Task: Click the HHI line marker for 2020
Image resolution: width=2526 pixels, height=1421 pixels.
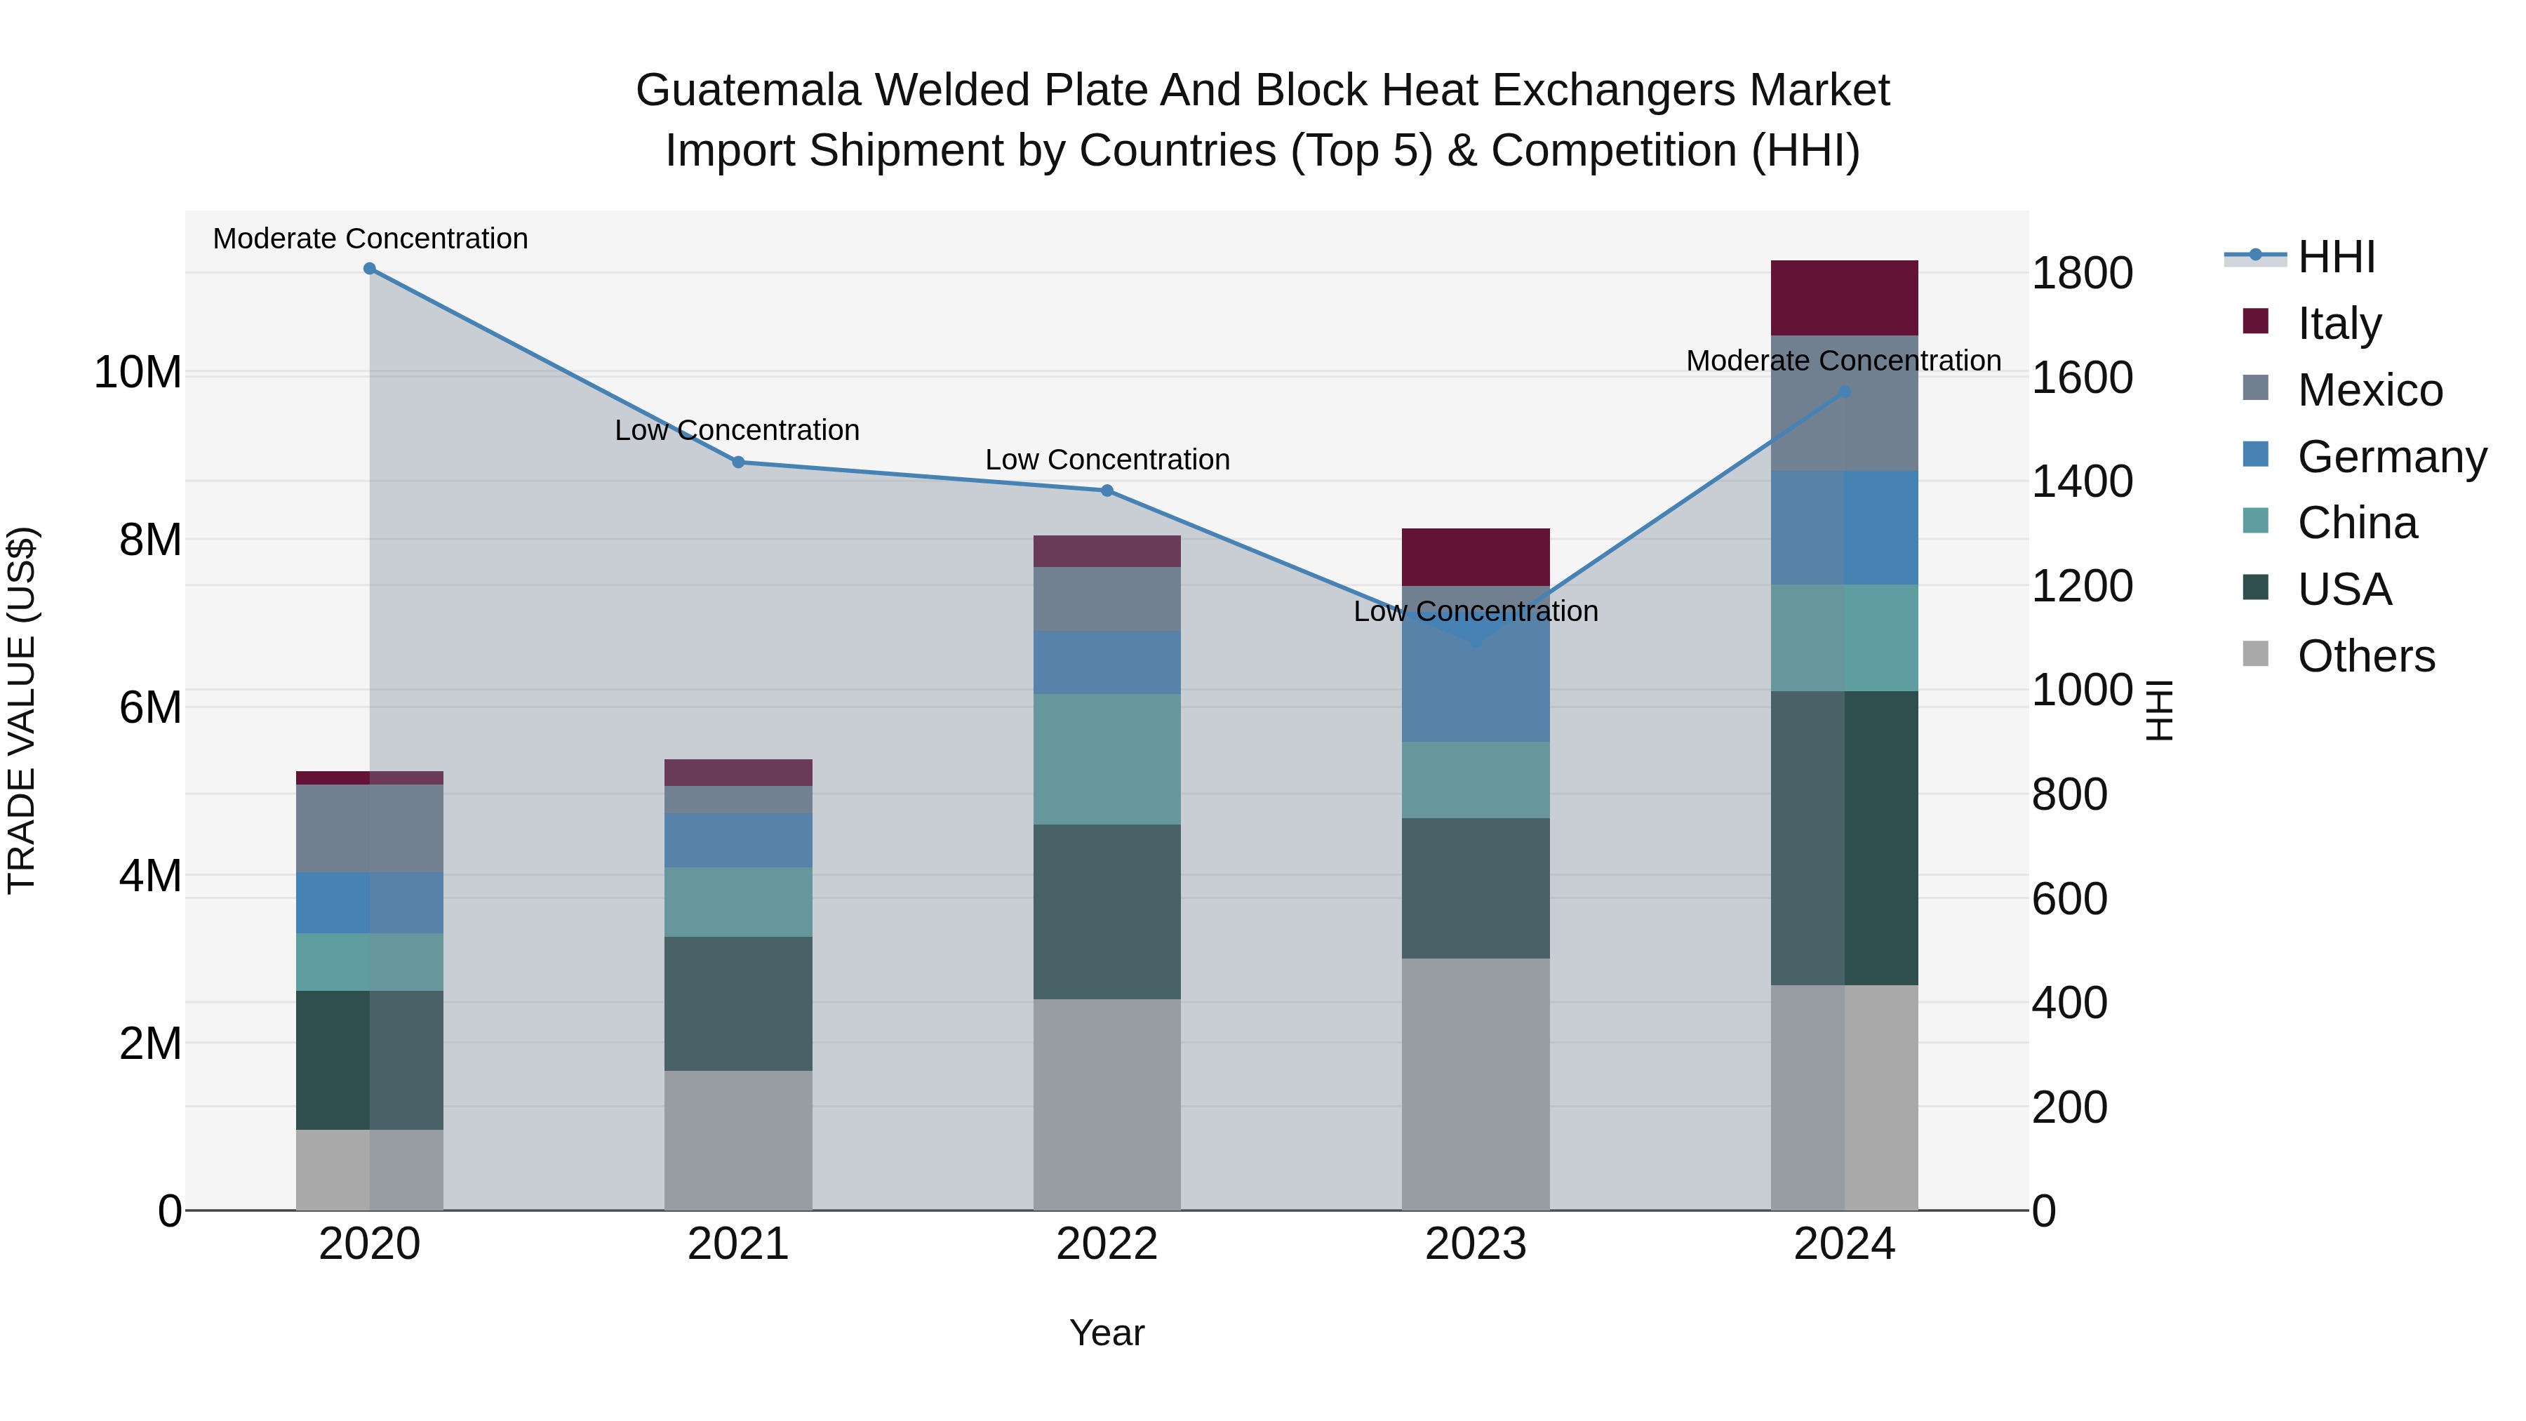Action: (370, 269)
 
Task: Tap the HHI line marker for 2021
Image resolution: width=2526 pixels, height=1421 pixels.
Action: (738, 462)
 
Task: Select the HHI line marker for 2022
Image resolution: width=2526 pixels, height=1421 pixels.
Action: (1107, 491)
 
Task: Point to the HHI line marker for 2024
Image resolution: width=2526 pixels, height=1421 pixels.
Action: (1845, 392)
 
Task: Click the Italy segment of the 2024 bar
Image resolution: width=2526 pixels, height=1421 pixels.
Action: (1845, 298)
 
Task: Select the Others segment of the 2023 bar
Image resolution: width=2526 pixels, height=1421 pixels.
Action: (1476, 1083)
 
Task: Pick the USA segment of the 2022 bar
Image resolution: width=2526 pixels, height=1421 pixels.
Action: (1107, 912)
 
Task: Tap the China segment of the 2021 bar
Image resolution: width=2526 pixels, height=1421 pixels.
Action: (738, 902)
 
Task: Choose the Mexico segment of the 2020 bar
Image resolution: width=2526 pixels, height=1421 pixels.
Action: (370, 829)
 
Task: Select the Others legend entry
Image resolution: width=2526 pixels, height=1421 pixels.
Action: (2365, 656)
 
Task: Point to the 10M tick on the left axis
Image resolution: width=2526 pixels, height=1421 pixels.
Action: (138, 373)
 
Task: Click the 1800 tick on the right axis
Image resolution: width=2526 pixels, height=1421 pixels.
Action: (2082, 274)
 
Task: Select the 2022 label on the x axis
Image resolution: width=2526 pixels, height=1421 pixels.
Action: (1107, 1244)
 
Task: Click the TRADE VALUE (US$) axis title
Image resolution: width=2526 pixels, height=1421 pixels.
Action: (22, 710)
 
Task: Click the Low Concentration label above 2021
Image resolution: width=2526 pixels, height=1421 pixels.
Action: (737, 431)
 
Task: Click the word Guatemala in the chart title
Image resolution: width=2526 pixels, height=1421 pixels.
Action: (748, 91)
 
